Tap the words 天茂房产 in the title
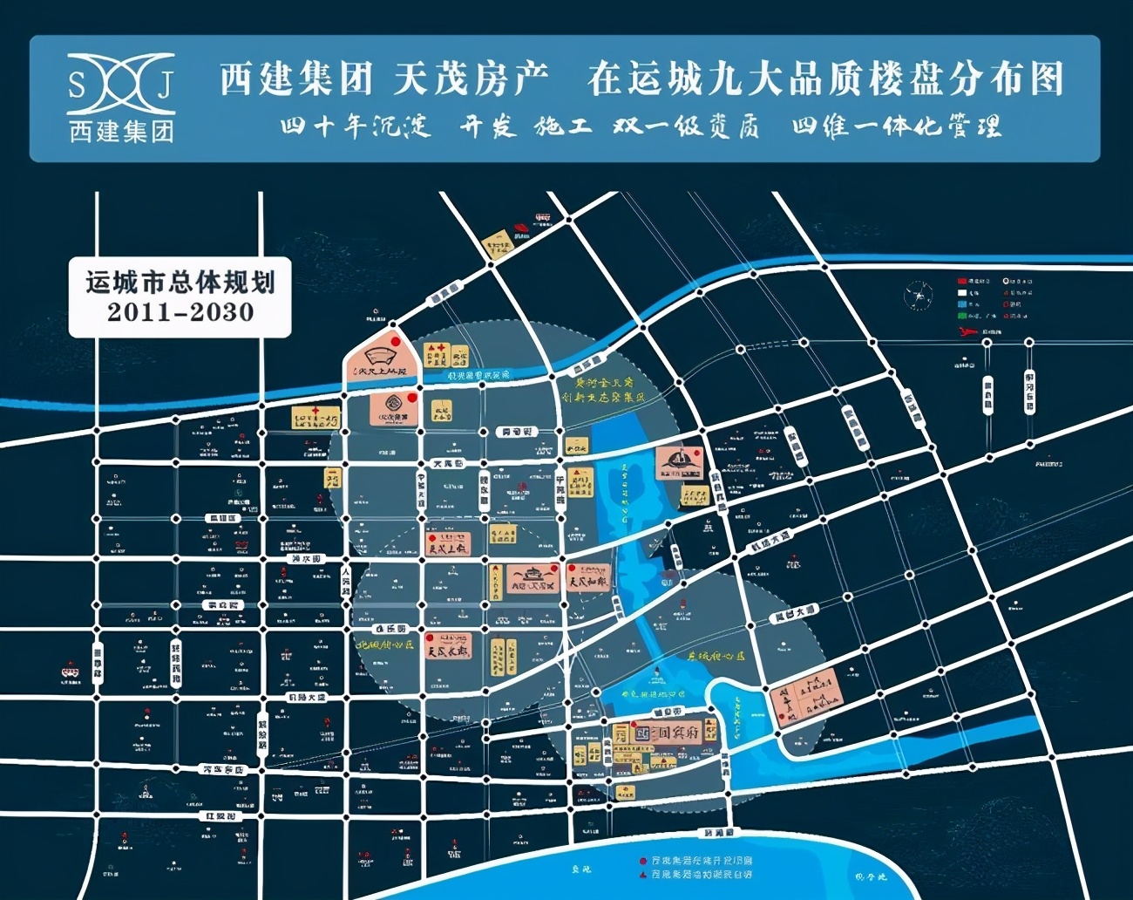(x=471, y=78)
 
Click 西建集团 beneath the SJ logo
(x=121, y=132)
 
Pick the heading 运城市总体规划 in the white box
(x=180, y=283)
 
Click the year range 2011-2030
(x=180, y=312)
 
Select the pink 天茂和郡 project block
(x=588, y=578)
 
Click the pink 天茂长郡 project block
(x=448, y=646)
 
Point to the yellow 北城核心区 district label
(x=384, y=644)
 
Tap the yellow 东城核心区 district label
(x=716, y=657)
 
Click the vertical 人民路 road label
(x=345, y=580)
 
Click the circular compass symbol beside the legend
(x=918, y=296)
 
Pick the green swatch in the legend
(x=961, y=316)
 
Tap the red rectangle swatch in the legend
(x=961, y=282)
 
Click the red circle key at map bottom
(x=643, y=861)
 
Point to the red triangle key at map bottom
(x=643, y=874)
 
